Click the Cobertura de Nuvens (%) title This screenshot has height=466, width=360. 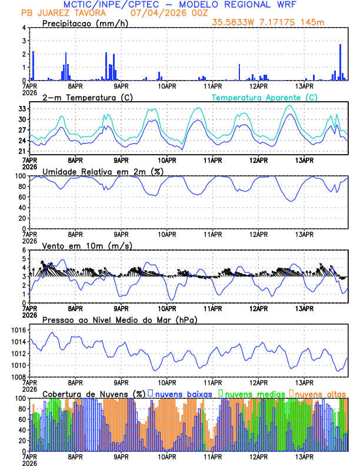[x=94, y=394]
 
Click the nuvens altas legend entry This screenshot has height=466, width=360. [x=320, y=394]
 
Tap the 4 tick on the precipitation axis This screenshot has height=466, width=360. [x=24, y=28]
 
